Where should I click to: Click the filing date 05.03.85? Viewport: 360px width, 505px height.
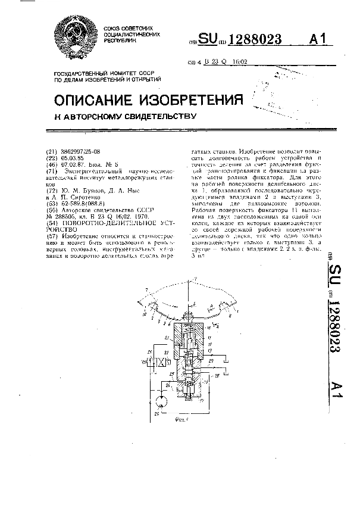pyautogui.click(x=74, y=158)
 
